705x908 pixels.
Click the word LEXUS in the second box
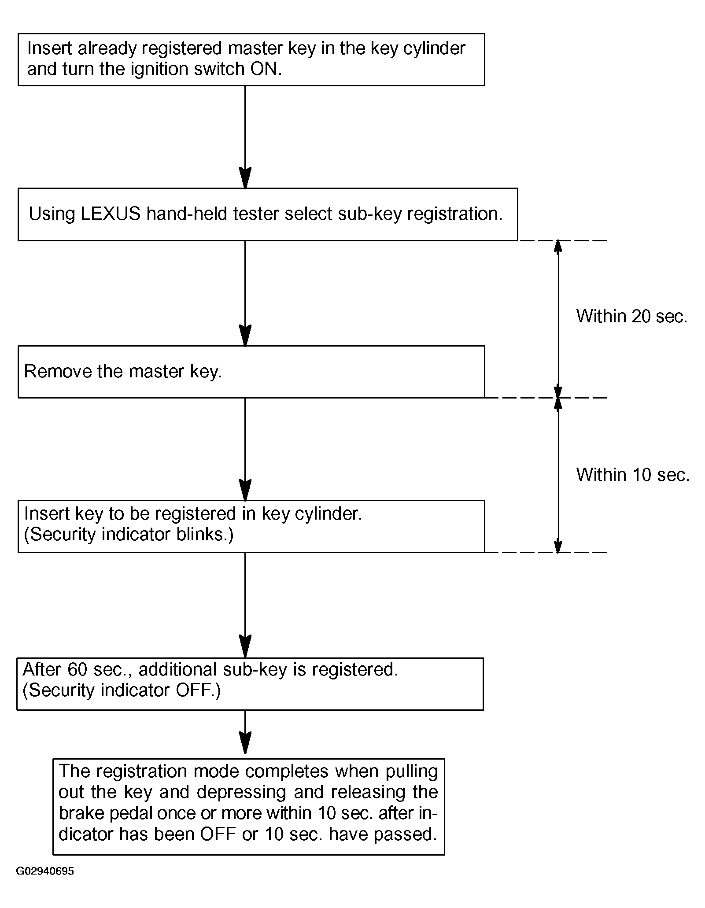[x=111, y=214]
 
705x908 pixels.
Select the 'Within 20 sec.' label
[x=632, y=316]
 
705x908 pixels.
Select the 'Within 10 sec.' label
[x=633, y=475]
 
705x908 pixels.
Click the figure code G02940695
[x=45, y=871]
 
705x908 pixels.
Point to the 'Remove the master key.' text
[x=123, y=372]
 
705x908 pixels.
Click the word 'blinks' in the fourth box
[x=201, y=534]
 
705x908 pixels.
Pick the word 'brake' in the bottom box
[x=82, y=813]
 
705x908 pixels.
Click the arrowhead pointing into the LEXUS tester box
[x=245, y=178]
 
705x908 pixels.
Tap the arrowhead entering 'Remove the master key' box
[x=245, y=336]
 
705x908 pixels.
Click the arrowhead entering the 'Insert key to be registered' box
[x=245, y=490]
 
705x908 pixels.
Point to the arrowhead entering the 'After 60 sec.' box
[x=245, y=647]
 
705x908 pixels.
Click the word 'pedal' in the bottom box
[x=131, y=814]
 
